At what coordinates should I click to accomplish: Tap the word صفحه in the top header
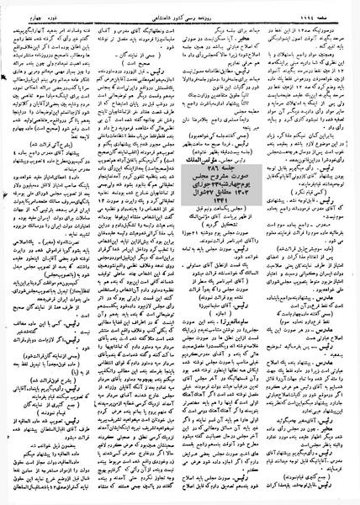click(348, 8)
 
